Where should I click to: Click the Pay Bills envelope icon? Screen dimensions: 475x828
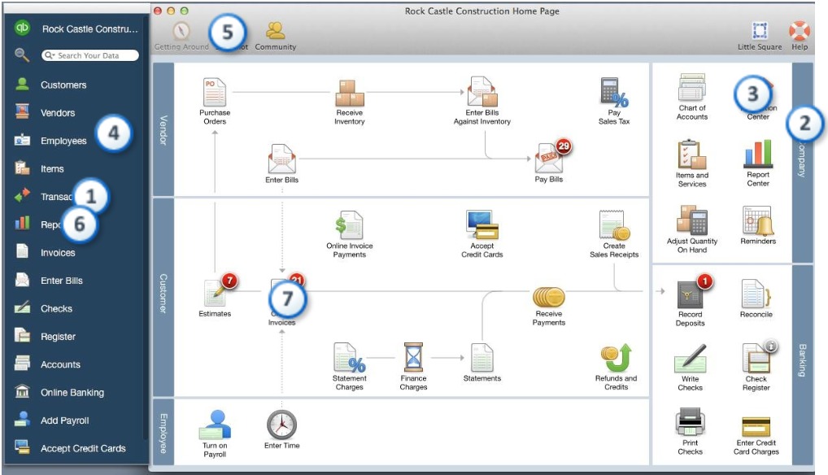click(x=548, y=159)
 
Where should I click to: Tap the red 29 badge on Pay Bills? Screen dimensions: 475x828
click(x=564, y=146)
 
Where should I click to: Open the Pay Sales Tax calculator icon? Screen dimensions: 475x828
click(x=614, y=92)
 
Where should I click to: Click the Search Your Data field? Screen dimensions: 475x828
click(x=91, y=55)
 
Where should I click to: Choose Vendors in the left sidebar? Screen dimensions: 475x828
click(x=57, y=113)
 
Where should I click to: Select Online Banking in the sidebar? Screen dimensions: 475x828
click(x=72, y=393)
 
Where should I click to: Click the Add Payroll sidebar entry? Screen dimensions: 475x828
click(x=64, y=421)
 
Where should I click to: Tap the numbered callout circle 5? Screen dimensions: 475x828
click(x=227, y=33)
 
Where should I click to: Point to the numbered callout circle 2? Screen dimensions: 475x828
click(x=804, y=124)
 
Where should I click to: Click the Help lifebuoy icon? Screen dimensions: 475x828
click(x=799, y=31)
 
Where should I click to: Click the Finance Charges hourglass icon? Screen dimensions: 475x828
click(x=413, y=357)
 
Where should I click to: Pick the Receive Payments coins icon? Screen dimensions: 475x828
click(x=549, y=298)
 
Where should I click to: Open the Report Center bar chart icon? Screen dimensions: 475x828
click(x=757, y=154)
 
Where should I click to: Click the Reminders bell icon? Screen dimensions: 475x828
click(x=757, y=220)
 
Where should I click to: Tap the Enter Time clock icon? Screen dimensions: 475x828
click(x=281, y=425)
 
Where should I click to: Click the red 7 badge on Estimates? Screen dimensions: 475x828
click(x=229, y=281)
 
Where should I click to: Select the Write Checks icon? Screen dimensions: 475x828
click(x=690, y=359)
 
